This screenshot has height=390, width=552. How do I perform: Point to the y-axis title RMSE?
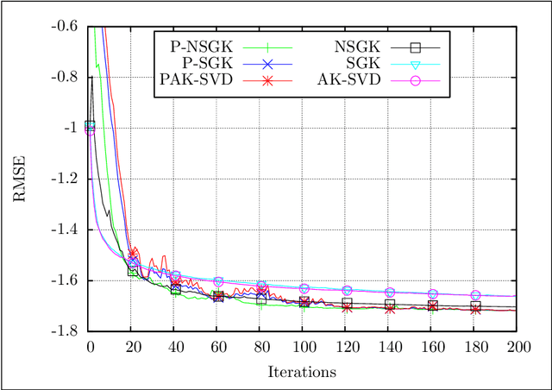click(18, 179)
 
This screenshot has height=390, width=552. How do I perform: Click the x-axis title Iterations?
click(302, 372)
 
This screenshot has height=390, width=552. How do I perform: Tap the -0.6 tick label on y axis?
click(66, 26)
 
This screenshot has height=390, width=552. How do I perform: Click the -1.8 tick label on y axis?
click(66, 331)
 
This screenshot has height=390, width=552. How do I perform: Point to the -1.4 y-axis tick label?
click(66, 230)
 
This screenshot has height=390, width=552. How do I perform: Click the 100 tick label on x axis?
click(303, 347)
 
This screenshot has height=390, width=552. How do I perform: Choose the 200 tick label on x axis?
click(517, 347)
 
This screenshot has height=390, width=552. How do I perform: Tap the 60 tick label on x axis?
click(217, 347)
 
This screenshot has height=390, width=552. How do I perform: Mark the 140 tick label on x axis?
click(388, 347)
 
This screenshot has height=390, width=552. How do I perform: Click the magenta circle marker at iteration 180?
click(474, 295)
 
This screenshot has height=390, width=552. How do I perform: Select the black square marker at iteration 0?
click(90, 126)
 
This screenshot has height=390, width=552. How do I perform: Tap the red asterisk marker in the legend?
click(267, 80)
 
